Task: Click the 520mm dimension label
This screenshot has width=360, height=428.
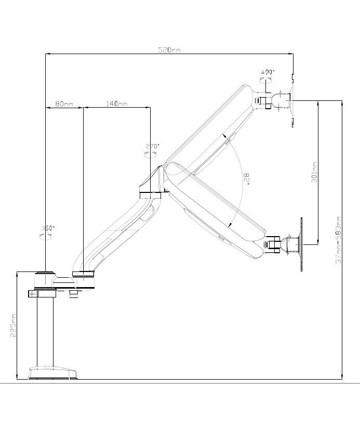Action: click(x=169, y=50)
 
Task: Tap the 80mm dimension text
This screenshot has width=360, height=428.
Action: click(x=64, y=104)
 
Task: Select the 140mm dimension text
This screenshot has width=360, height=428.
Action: click(x=117, y=103)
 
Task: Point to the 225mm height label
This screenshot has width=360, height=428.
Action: click(x=13, y=325)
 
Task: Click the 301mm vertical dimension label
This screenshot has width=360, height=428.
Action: click(x=314, y=172)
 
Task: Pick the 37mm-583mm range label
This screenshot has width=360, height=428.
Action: click(x=338, y=240)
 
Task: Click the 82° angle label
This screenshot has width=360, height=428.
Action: click(x=247, y=179)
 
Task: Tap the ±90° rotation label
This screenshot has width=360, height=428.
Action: click(x=268, y=72)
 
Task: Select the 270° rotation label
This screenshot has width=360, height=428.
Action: click(x=153, y=146)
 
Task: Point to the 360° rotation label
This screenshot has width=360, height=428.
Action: click(x=48, y=228)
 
